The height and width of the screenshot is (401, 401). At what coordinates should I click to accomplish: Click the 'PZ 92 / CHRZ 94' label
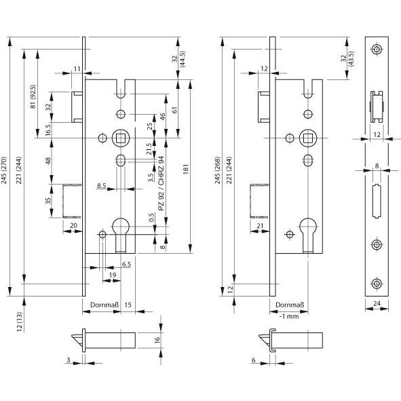coord(161,183)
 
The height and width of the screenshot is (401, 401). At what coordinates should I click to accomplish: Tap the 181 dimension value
coord(186,170)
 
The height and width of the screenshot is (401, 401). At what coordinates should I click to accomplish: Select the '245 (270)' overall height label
coord(4,170)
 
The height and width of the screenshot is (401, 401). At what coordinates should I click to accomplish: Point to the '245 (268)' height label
coord(217,170)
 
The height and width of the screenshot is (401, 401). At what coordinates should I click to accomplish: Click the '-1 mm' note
coord(289,316)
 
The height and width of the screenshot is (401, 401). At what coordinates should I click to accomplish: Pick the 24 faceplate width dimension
coord(377,303)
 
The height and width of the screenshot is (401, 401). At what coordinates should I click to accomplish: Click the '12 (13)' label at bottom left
coord(20,322)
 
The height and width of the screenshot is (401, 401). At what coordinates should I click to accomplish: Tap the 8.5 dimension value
coord(102,185)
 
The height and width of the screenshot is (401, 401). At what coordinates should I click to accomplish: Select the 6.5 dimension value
coord(126,264)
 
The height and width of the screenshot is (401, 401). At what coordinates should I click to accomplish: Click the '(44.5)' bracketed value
coord(183,59)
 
